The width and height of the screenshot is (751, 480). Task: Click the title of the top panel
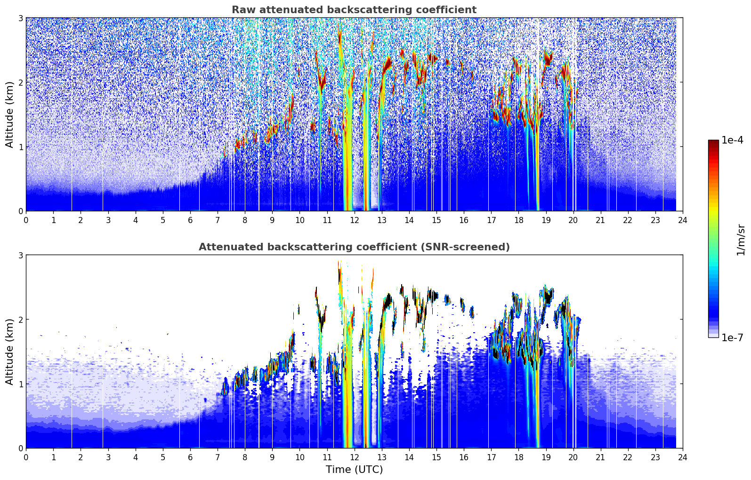click(354, 10)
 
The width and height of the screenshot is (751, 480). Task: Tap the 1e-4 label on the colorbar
click(732, 140)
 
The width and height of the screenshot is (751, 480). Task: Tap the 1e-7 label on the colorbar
click(732, 337)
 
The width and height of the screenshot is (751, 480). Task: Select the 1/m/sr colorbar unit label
click(741, 240)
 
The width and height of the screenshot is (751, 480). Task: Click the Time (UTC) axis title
click(354, 470)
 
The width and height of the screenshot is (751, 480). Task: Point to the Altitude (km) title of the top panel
click(9, 115)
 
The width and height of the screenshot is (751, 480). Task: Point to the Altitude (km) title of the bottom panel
click(9, 352)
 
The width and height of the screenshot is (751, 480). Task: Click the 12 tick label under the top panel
click(355, 220)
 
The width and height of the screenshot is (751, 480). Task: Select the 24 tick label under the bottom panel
click(683, 457)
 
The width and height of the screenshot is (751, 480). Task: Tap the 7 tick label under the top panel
click(218, 220)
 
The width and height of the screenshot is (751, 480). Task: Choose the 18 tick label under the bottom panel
click(519, 457)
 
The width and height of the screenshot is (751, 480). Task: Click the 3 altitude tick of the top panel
click(20, 18)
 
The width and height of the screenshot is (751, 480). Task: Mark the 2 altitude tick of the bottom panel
click(20, 320)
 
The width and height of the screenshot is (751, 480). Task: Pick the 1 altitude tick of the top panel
click(20, 147)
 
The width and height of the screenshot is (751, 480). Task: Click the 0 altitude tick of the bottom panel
click(20, 448)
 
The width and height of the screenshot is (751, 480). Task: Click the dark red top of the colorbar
click(713, 142)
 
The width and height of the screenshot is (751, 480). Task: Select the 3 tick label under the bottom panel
click(108, 457)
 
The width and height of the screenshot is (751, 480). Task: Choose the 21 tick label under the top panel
click(600, 220)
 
